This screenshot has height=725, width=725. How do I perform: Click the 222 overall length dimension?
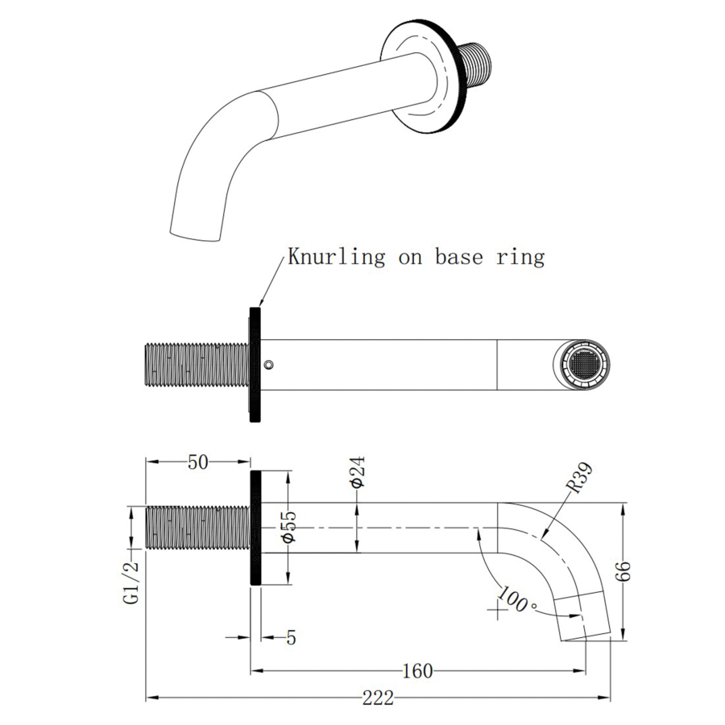(x=378, y=698)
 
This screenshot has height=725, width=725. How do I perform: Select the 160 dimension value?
(x=418, y=670)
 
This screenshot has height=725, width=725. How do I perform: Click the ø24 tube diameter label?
(x=358, y=471)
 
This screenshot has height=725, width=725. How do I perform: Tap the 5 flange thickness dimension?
(x=291, y=637)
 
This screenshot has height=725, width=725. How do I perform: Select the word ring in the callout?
(x=524, y=258)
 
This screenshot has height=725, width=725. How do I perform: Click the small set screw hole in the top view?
(x=269, y=364)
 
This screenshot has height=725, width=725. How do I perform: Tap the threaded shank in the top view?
(x=196, y=365)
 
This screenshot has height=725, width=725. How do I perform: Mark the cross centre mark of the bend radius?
(x=500, y=610)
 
